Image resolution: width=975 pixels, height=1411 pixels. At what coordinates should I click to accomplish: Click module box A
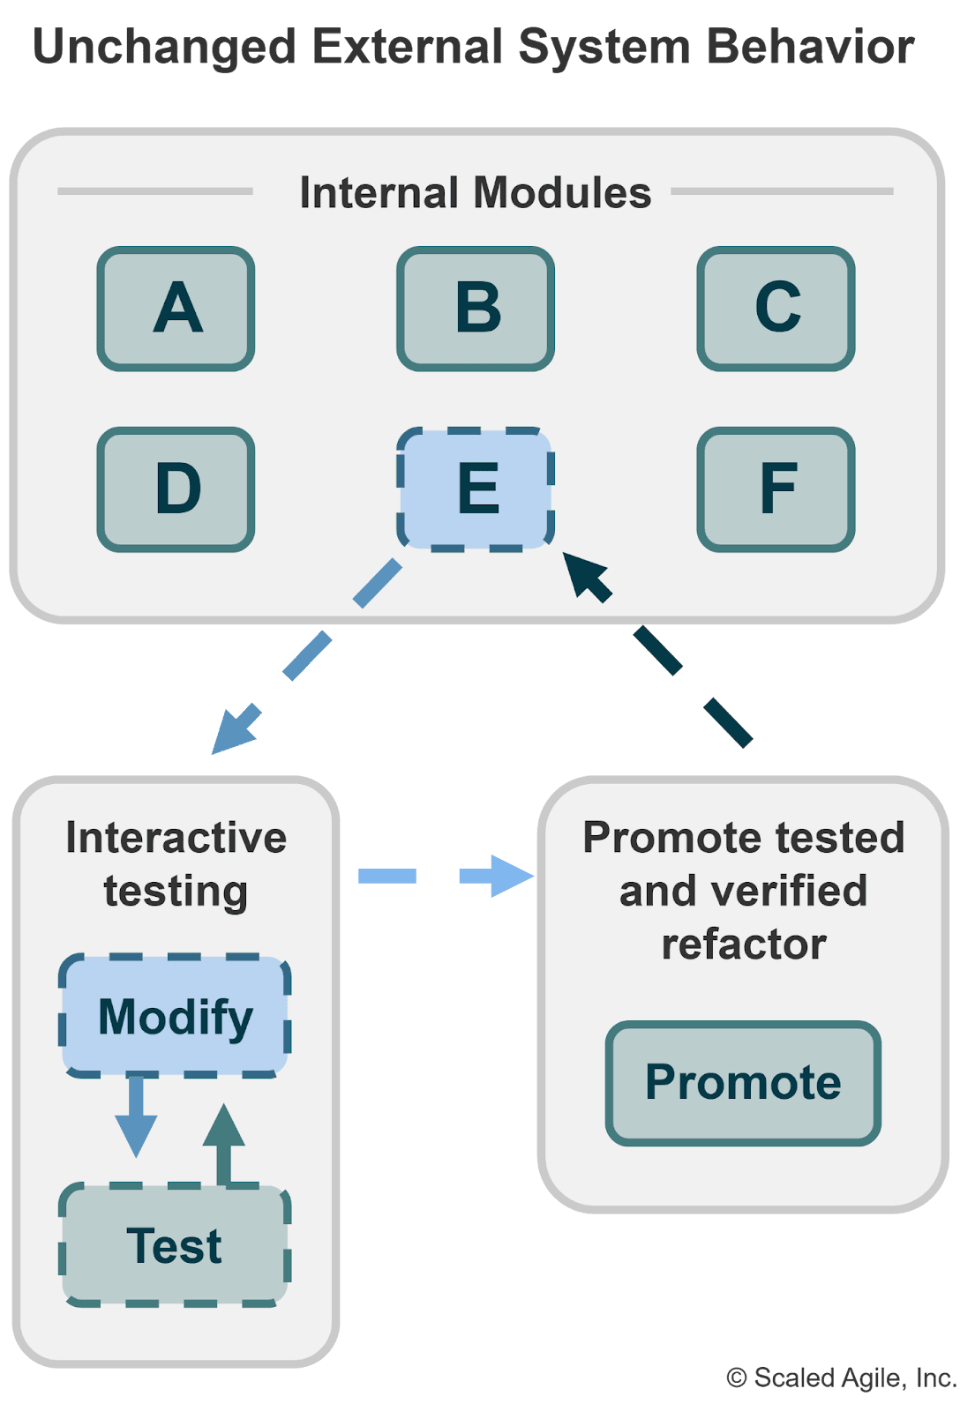pos(176,309)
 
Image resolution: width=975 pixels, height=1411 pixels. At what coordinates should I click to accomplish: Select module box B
pos(476,309)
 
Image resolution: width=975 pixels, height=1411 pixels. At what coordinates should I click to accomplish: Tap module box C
pos(776,309)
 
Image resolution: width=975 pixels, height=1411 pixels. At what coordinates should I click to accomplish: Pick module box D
pos(176,489)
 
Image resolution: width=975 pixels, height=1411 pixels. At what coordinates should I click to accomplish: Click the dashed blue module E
pos(476,489)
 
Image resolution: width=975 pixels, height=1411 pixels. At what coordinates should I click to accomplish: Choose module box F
pos(776,489)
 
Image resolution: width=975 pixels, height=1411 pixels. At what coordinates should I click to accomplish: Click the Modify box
pos(175,1016)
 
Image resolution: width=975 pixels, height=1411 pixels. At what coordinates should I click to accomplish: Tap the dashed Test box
pos(175,1245)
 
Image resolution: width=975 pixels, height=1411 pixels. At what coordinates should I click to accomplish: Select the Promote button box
pos(743,1083)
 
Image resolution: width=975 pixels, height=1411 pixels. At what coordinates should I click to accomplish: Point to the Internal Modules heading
pos(475,192)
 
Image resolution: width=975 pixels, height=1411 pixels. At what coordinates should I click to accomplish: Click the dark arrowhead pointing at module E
pos(586,576)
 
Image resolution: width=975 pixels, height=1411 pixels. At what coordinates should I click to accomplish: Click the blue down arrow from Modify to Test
pos(136,1116)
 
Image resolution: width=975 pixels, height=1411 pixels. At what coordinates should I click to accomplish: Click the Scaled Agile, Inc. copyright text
pos(842,1377)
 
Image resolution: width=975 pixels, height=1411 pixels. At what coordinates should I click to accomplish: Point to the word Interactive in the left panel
pos(176,838)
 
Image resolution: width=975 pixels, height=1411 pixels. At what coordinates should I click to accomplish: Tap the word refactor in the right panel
pos(744,944)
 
